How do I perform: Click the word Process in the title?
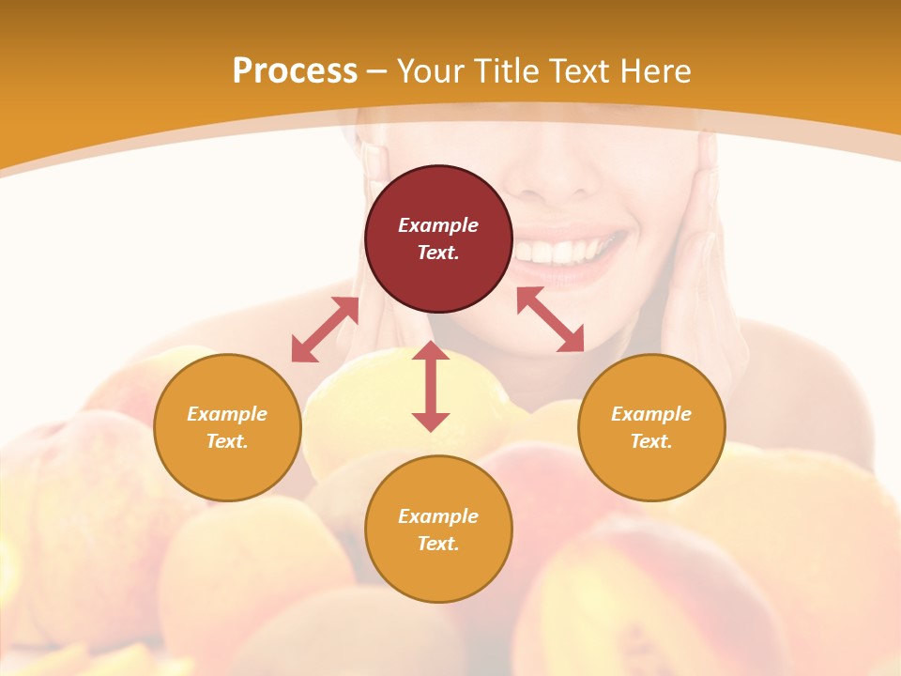(x=295, y=71)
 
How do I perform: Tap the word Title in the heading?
(x=506, y=71)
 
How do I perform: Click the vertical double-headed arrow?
(x=431, y=386)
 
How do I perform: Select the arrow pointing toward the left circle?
(x=325, y=330)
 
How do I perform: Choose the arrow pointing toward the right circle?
(x=551, y=319)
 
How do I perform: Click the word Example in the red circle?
(x=438, y=225)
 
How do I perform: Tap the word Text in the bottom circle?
(x=438, y=544)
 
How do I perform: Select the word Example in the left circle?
(x=227, y=414)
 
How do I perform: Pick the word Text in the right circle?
(x=651, y=441)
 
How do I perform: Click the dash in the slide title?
(x=376, y=71)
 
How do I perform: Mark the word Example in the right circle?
(x=651, y=414)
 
